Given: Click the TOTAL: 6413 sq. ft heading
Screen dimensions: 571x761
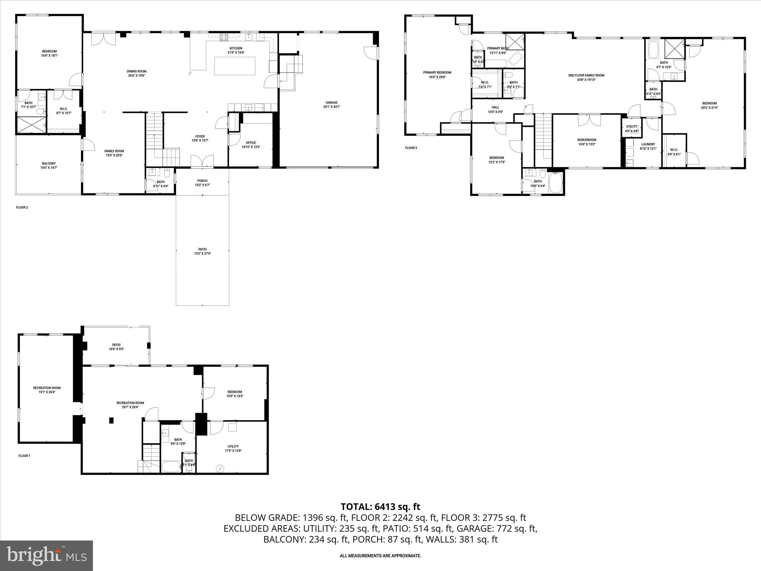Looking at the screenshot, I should [380, 507].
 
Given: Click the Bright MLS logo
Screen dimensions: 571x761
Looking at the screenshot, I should [46, 555].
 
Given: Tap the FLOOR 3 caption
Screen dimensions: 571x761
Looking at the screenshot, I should [411, 148].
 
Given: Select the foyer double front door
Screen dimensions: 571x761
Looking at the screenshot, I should [202, 161].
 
